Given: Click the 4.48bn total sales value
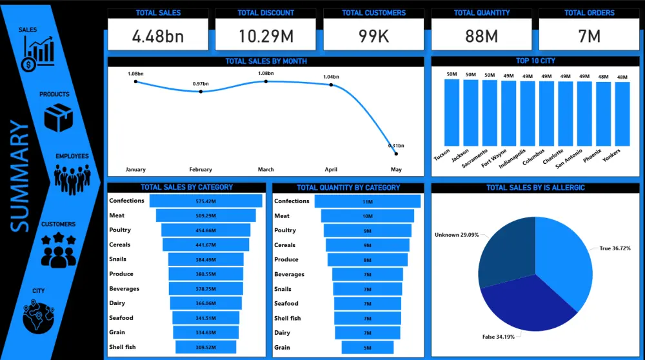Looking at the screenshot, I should (x=157, y=36).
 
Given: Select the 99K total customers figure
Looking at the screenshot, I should (x=373, y=36).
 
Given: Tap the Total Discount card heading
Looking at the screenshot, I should (x=266, y=13).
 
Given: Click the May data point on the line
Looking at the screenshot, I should (x=396, y=154).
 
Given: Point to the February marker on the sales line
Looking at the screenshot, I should (x=201, y=92).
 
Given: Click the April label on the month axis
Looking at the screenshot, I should (x=331, y=170).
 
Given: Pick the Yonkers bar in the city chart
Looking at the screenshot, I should (x=622, y=114).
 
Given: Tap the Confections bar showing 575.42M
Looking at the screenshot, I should (x=206, y=201).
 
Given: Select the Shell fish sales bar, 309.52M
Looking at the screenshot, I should (x=206, y=347).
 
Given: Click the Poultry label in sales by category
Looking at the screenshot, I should (x=120, y=230).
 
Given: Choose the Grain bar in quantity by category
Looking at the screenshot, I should (x=367, y=348).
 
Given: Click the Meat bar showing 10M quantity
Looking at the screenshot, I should (x=367, y=216).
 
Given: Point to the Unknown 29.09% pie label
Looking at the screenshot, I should (x=457, y=235).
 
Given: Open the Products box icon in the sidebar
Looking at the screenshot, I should (x=58, y=118).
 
